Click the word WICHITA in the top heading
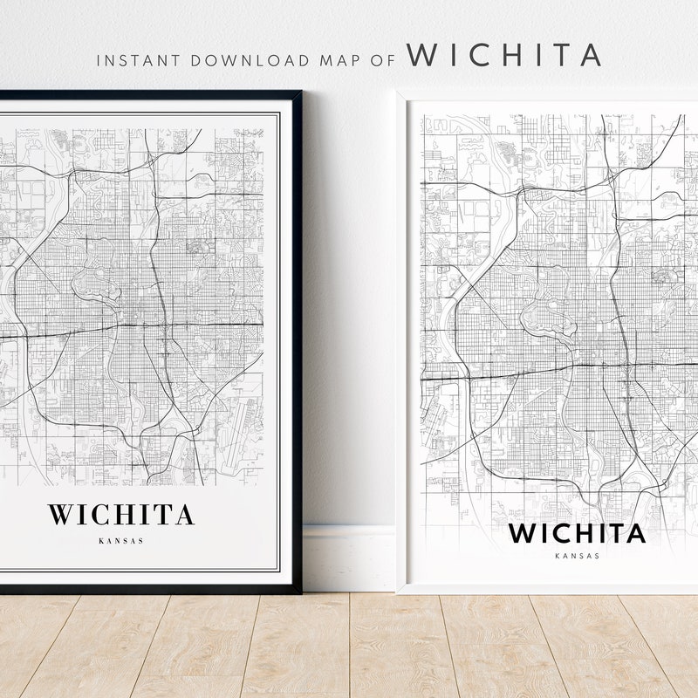coord(504,54)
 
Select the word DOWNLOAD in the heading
coord(249,60)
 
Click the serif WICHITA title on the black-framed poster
coord(120,514)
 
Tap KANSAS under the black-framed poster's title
coord(120,540)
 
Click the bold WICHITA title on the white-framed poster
coord(577,532)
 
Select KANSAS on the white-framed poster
coord(577,556)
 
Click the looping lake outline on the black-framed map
coord(96,287)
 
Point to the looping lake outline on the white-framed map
coord(548,318)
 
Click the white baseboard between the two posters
coord(349,558)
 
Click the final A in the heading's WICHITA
coord(589,54)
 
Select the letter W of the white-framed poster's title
coord(522,532)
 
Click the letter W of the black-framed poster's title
coord(58,514)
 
